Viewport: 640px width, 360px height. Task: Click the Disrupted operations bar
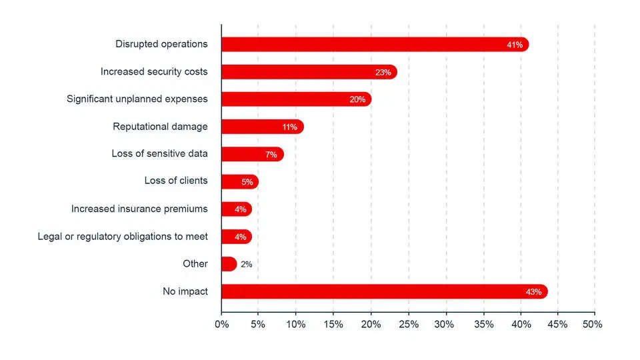pyautogui.click(x=373, y=45)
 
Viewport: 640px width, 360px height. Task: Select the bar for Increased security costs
pyautogui.click(x=308, y=72)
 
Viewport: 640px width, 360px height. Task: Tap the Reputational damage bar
pyautogui.click(x=261, y=127)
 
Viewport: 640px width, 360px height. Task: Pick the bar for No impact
pyautogui.click(x=383, y=291)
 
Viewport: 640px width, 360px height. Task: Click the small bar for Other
pyautogui.click(x=229, y=264)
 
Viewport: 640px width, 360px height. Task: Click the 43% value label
pyautogui.click(x=534, y=291)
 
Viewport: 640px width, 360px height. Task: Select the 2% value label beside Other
pyautogui.click(x=246, y=264)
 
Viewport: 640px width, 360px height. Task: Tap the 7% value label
pyautogui.click(x=271, y=154)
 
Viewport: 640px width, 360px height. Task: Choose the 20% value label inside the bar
pyautogui.click(x=357, y=99)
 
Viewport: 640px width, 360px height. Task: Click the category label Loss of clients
pyautogui.click(x=176, y=181)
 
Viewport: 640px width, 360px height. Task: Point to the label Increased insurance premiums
pyautogui.click(x=139, y=209)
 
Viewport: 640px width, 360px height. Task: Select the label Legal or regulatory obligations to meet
pyautogui.click(x=123, y=236)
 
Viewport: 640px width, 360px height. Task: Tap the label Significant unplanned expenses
pyautogui.click(x=137, y=99)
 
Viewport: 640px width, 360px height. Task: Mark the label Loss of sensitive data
pyautogui.click(x=159, y=154)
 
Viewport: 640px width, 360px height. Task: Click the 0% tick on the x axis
pyautogui.click(x=221, y=324)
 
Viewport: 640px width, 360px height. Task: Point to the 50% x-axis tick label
pyautogui.click(x=593, y=324)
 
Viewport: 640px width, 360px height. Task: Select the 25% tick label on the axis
pyautogui.click(x=407, y=324)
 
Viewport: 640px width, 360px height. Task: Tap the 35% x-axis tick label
pyautogui.click(x=483, y=324)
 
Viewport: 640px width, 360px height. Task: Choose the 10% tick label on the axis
pyautogui.click(x=295, y=324)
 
